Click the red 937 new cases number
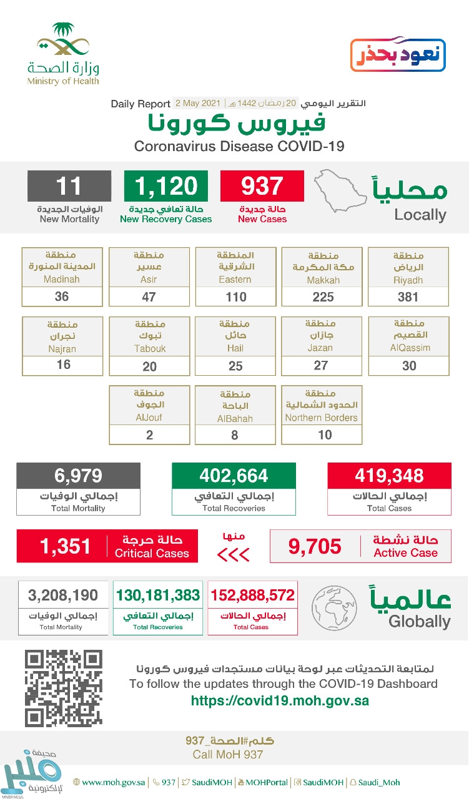coord(262,186)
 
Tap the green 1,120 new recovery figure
coord(166,186)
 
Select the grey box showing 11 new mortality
coord(69,186)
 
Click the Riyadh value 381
coord(408,297)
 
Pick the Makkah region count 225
coord(323,297)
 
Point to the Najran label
coord(62,348)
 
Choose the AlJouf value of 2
coord(149,434)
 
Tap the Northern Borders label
coord(322,418)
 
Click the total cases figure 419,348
coord(389,476)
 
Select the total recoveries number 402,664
coord(234,476)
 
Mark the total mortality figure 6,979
coord(78,476)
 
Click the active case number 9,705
coord(315,547)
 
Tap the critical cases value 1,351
coord(65,547)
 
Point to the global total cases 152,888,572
coord(253,595)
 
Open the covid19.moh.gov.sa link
coord(280,701)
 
